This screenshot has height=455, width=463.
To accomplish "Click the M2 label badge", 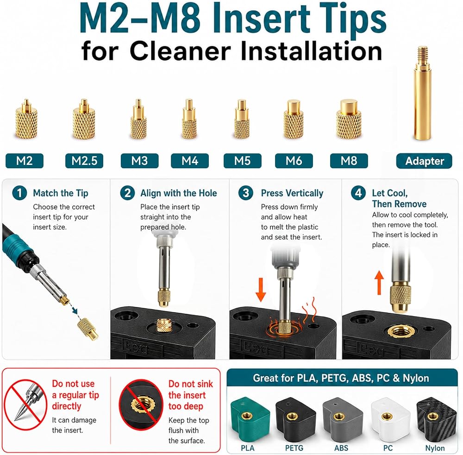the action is (x=25, y=161).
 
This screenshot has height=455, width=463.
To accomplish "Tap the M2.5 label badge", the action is (x=84, y=161).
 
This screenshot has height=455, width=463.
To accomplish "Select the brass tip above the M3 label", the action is (x=138, y=119).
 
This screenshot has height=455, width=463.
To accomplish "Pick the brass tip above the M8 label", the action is (x=349, y=119).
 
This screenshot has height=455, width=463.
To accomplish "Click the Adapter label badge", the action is (x=424, y=161).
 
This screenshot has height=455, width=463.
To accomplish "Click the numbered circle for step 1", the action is (x=19, y=193).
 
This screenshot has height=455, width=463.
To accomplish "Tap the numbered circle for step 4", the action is (x=358, y=193).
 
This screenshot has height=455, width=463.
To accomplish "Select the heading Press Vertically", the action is (x=292, y=193).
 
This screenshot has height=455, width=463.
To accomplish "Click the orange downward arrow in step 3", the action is (x=260, y=290).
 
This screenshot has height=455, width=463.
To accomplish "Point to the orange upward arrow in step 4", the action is (x=379, y=283).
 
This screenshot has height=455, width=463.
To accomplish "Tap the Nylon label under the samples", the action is (x=435, y=448).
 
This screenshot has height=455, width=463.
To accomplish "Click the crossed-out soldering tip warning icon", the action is (x=25, y=404).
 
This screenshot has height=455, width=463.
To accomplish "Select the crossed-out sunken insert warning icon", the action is (x=141, y=404).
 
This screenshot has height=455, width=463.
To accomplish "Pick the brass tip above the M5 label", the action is (x=242, y=119).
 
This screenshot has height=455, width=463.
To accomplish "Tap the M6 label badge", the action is (x=294, y=161).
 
